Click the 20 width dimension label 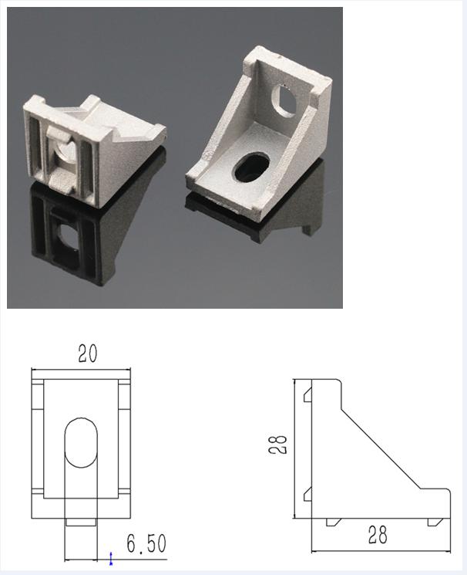coord(88,354)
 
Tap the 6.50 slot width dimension coord(146,543)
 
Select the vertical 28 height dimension coord(278,445)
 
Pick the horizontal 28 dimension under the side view coord(378,535)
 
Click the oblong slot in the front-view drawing coord(81,443)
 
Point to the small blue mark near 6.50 coord(111,559)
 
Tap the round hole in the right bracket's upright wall coord(284,100)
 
